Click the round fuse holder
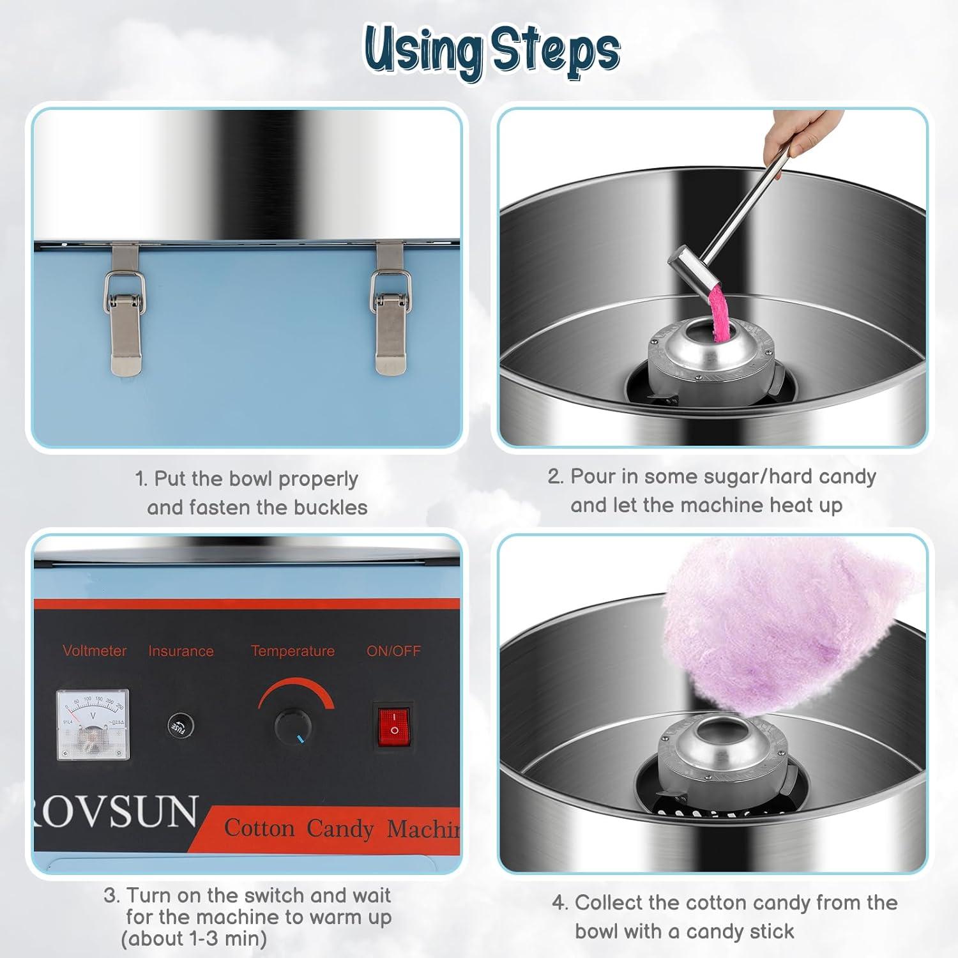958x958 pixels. click(x=179, y=726)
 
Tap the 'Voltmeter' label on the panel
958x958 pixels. click(x=95, y=651)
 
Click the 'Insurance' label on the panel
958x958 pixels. click(x=181, y=651)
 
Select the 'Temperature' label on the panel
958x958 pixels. click(x=293, y=651)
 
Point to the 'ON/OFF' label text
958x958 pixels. click(x=393, y=651)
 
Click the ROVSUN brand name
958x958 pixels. click(x=115, y=812)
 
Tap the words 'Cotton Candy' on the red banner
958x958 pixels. click(x=298, y=828)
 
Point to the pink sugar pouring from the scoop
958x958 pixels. click(x=719, y=313)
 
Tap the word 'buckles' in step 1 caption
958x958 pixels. click(x=331, y=508)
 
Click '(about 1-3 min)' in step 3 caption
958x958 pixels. click(x=194, y=939)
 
